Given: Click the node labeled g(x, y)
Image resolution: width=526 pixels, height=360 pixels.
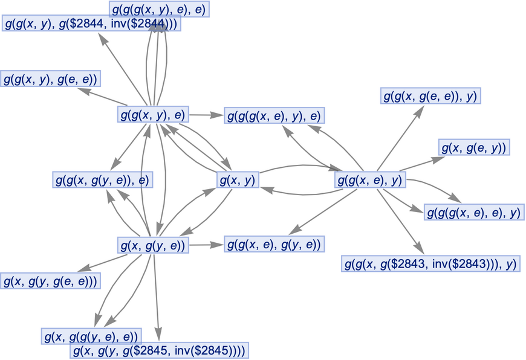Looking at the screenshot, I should [238, 179].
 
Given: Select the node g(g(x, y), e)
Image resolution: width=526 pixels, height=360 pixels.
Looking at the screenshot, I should [153, 114].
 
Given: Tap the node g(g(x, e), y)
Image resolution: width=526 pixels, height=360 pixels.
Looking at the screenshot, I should [370, 179].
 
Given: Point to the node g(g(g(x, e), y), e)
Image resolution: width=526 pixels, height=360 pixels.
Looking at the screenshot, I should [273, 115].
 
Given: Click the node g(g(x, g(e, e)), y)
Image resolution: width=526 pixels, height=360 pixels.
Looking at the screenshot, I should [430, 95].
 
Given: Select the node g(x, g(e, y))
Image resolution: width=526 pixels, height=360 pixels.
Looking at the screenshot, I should [474, 147].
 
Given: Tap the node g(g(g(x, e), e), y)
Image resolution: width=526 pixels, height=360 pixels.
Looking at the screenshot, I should [473, 212].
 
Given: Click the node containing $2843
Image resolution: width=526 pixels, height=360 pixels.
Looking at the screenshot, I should [431, 263].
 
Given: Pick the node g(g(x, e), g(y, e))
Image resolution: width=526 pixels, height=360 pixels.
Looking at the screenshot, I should [274, 244].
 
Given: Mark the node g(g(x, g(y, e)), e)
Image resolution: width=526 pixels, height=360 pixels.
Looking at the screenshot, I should [102, 179].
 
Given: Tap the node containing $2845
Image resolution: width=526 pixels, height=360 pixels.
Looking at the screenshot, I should [159, 350].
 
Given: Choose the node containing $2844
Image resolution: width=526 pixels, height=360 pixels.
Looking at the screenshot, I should [91, 25].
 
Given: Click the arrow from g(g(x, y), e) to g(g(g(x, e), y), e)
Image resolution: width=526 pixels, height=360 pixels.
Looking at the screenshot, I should [206, 114].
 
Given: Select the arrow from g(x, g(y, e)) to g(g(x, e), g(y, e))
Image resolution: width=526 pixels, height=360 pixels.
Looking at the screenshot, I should [206, 245].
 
